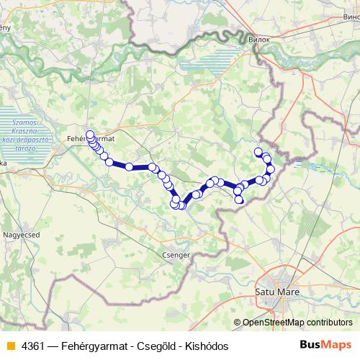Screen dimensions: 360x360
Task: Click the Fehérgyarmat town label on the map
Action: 85,137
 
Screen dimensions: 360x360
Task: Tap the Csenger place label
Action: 176,254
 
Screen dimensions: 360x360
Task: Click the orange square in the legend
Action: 10,346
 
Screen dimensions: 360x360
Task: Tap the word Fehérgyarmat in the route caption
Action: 97,346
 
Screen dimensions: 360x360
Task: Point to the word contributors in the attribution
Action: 328,323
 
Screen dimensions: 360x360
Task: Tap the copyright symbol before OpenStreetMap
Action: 237,323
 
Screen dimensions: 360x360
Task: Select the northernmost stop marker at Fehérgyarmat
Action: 90,133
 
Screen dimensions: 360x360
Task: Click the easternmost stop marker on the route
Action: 271,169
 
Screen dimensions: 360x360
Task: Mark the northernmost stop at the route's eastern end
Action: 258,152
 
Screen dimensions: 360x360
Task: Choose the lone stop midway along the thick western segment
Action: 130,167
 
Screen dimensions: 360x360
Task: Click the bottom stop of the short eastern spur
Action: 239,199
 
